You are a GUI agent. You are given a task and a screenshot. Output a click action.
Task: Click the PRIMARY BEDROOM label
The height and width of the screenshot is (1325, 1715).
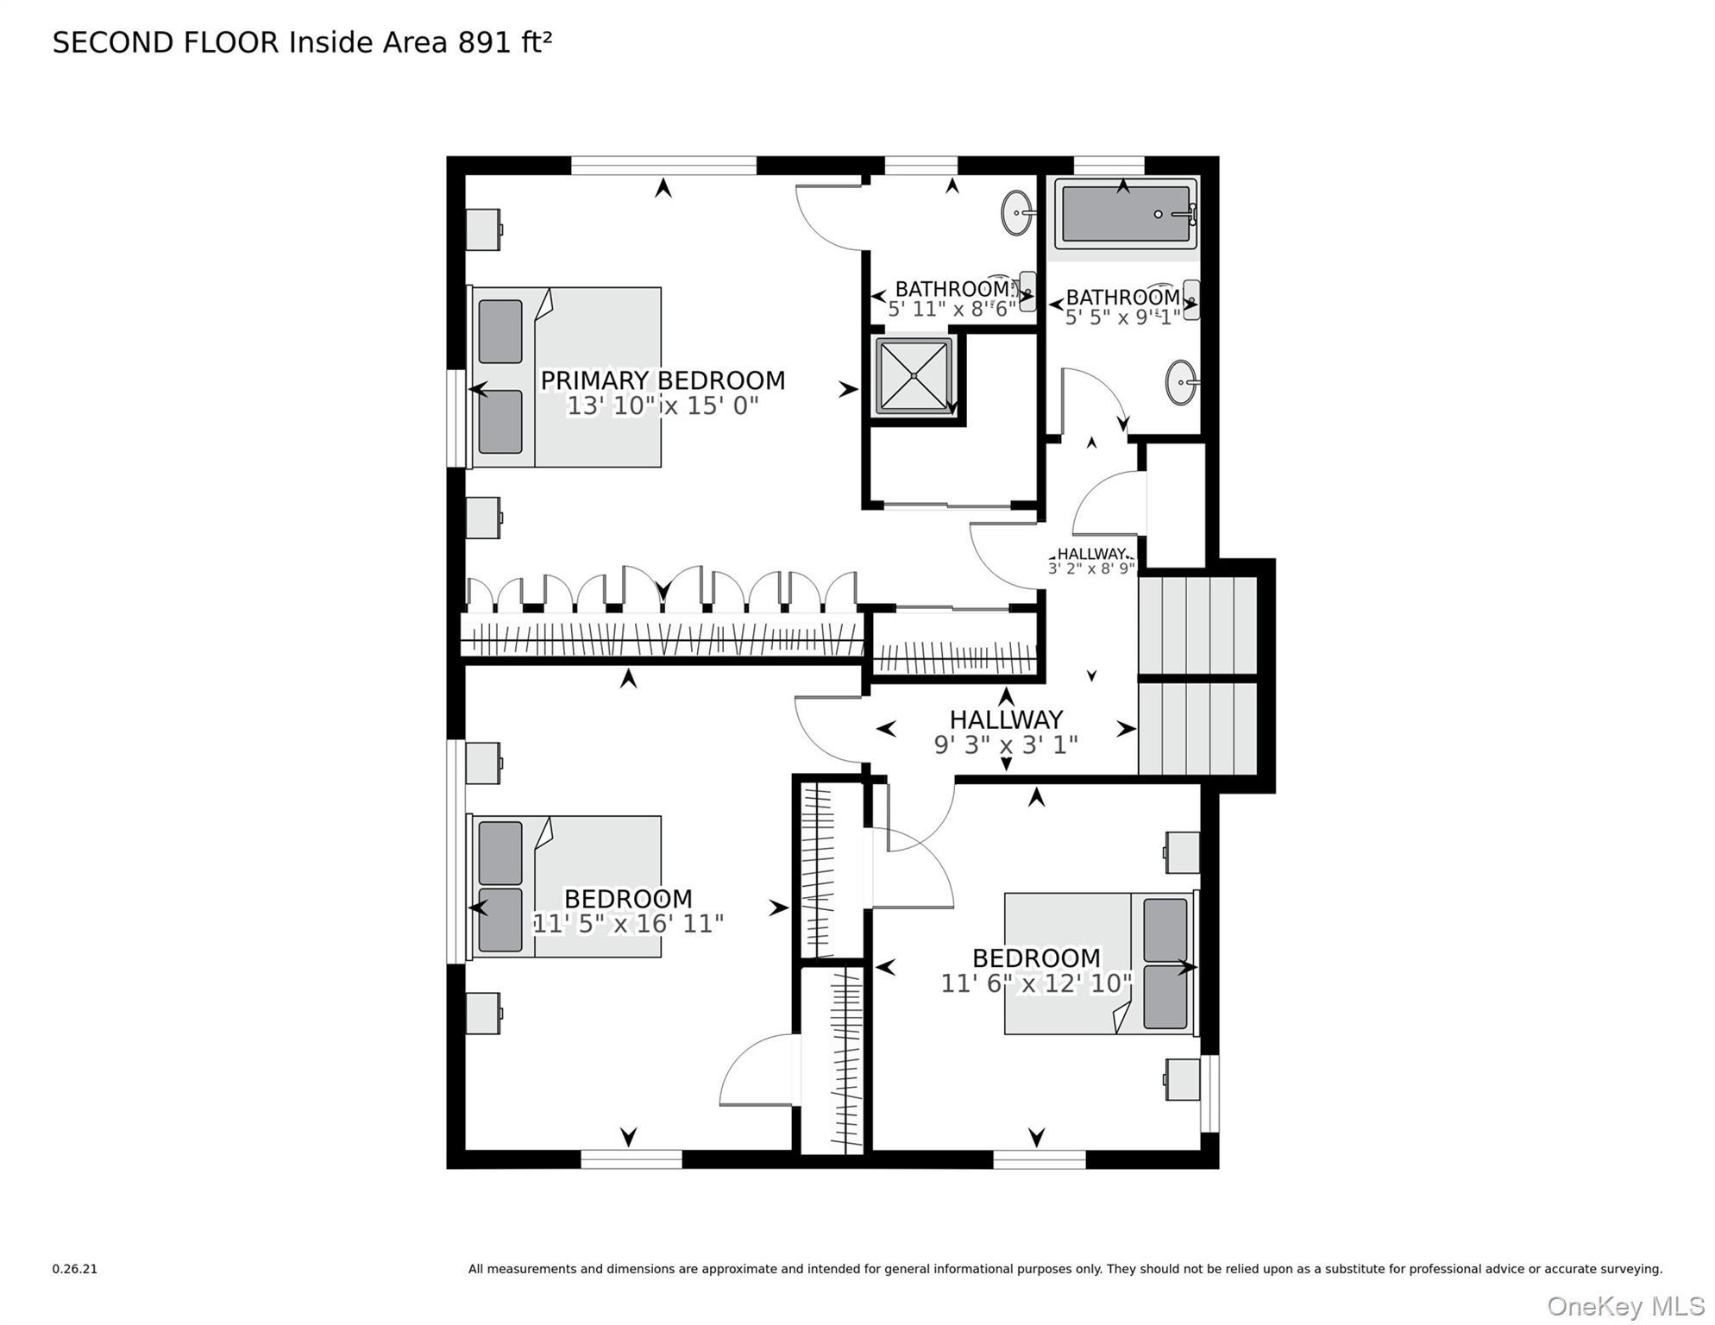point(662,380)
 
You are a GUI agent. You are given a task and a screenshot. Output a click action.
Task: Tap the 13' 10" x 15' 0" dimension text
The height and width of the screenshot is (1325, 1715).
point(662,405)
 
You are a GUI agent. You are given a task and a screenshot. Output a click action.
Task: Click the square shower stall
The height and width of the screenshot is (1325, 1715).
point(914,376)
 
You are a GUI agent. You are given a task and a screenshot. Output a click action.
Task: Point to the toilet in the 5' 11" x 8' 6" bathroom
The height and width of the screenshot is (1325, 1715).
point(1027,292)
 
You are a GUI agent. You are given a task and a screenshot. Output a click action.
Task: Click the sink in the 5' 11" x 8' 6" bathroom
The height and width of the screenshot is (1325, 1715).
point(1017,212)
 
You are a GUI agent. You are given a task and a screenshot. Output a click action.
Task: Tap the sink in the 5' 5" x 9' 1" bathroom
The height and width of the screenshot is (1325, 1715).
point(1181,382)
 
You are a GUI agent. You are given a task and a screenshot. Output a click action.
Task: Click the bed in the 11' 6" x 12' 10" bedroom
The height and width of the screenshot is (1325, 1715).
point(1100,964)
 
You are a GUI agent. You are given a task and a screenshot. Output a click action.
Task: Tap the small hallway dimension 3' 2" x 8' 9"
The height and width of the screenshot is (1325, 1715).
point(1091,568)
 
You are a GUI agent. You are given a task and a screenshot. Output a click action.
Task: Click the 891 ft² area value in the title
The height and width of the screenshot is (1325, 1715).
point(505,42)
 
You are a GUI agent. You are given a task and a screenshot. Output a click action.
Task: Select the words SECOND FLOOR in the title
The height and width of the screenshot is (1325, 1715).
point(166,42)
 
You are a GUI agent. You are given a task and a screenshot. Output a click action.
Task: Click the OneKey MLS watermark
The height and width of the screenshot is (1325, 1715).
point(1625,1306)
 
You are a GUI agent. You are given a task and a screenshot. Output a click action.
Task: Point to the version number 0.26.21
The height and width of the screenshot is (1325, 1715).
point(74,1269)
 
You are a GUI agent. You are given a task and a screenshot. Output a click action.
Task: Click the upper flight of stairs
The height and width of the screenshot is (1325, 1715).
point(1197,625)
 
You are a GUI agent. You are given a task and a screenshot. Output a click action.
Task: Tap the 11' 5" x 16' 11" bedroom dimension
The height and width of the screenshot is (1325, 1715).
point(627,924)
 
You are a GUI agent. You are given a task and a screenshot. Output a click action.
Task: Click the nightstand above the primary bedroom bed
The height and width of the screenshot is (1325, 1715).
point(483,229)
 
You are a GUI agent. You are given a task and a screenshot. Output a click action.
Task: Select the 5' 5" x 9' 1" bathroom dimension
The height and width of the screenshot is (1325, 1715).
point(1122,317)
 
